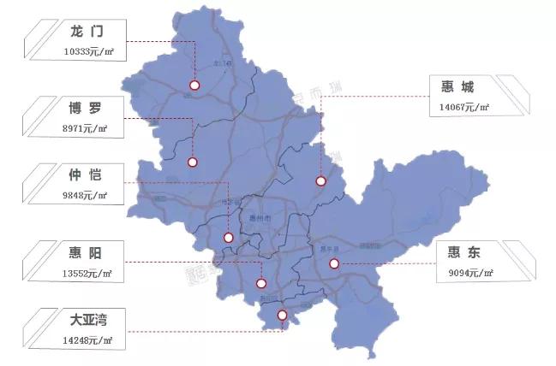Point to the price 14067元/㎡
click(x=462, y=107)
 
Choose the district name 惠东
click(x=464, y=254)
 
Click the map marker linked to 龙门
click(x=194, y=86)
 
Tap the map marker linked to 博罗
click(x=193, y=162)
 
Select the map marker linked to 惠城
click(x=320, y=181)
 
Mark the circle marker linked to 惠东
click(x=334, y=264)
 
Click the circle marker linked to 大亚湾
click(x=283, y=316)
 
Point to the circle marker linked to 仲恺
click(x=228, y=238)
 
